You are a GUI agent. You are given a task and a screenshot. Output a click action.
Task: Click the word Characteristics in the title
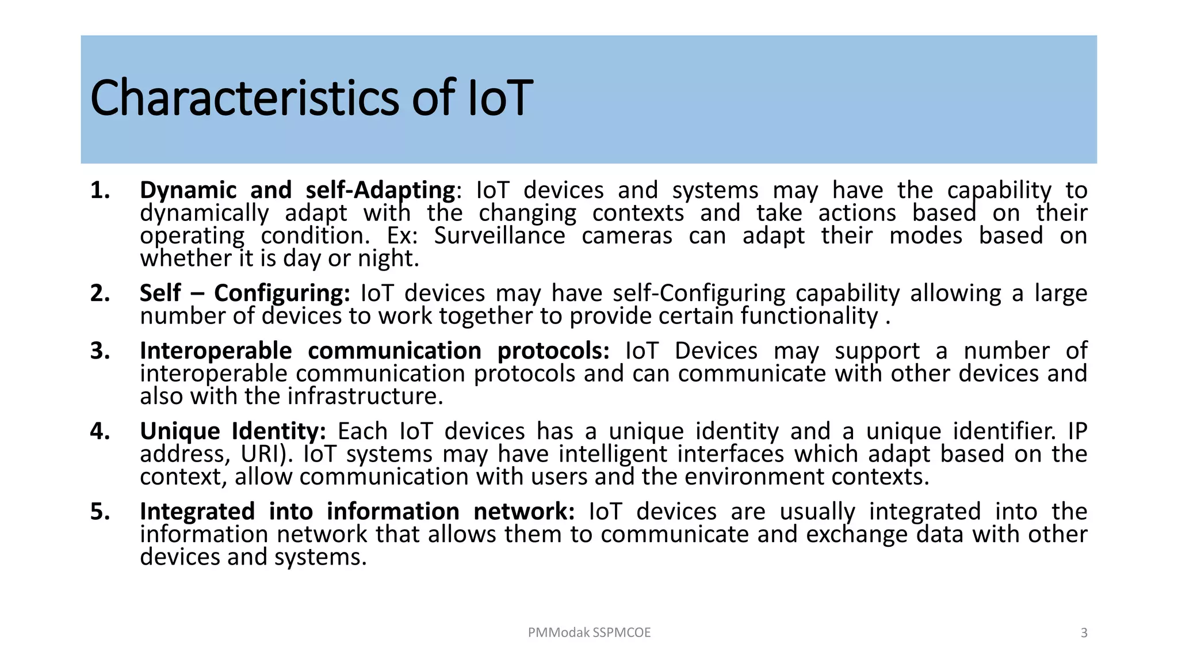pyautogui.click(x=244, y=98)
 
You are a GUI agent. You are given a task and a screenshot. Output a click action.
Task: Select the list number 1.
pyautogui.click(x=100, y=190)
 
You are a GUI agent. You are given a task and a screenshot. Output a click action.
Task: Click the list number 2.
pyautogui.click(x=100, y=294)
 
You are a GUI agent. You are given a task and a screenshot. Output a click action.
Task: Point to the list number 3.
pyautogui.click(x=100, y=351)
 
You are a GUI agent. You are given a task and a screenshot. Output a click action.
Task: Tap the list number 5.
pyautogui.click(x=100, y=512)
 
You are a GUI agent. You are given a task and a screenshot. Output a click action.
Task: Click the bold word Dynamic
pyautogui.click(x=188, y=190)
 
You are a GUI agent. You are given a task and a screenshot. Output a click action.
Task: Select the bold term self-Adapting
pyautogui.click(x=380, y=190)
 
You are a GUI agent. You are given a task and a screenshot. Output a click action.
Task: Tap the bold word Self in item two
pyautogui.click(x=160, y=294)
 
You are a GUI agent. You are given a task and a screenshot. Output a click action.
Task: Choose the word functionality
pyautogui.click(x=809, y=316)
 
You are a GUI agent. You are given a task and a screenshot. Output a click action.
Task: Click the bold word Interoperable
pyautogui.click(x=216, y=351)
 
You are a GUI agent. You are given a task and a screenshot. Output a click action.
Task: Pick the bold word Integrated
pyautogui.click(x=197, y=512)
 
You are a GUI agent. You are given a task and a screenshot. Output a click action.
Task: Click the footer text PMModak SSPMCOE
pyautogui.click(x=589, y=632)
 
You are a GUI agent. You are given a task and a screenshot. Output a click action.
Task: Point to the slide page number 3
pyautogui.click(x=1084, y=633)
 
